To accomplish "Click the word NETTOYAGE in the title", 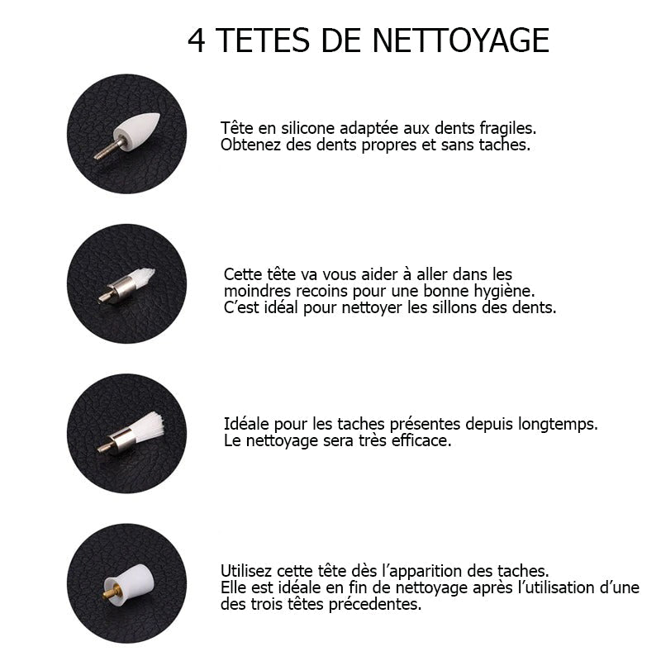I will pyautogui.click(x=461, y=40).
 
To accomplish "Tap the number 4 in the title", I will pyautogui.click(x=197, y=40).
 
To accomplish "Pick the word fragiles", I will pyautogui.click(x=506, y=129).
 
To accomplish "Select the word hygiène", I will pyautogui.click(x=503, y=291).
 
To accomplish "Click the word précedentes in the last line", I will pyautogui.click(x=378, y=604).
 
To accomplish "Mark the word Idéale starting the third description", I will pyautogui.click(x=245, y=424).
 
